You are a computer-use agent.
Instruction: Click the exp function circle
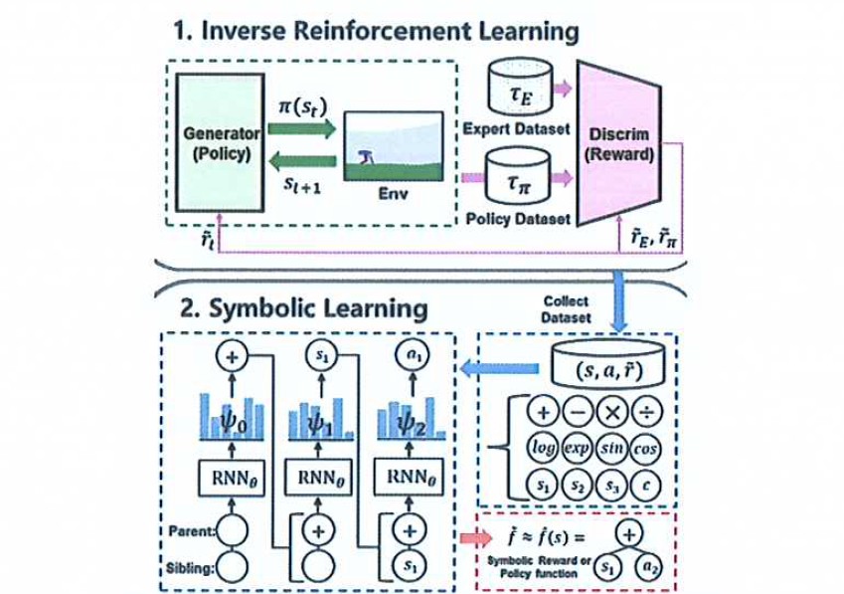[x=580, y=449]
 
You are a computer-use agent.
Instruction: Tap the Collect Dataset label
[x=566, y=308]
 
